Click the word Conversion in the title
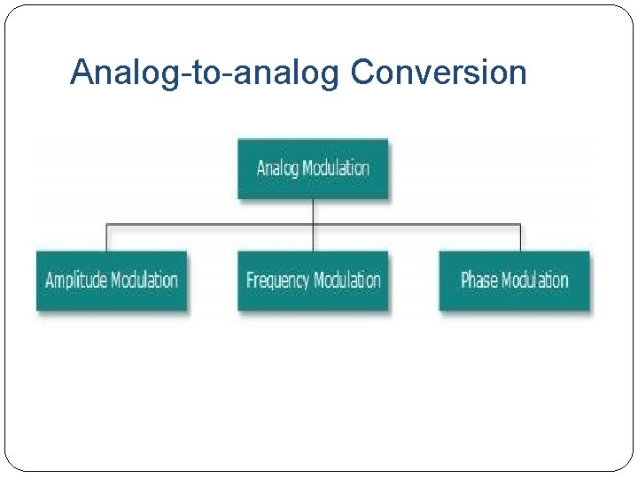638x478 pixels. (439, 72)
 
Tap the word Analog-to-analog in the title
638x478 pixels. (205, 73)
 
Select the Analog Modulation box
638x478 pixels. (313, 168)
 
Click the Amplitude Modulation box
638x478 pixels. (112, 281)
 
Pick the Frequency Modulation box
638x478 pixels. (313, 281)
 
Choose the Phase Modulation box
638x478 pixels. (514, 281)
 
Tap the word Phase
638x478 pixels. (479, 281)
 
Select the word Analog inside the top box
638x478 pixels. (277, 168)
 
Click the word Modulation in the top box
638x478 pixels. (336, 168)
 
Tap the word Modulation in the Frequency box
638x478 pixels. (347, 281)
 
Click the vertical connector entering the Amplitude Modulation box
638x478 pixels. (107, 238)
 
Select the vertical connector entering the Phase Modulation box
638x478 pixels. (520, 238)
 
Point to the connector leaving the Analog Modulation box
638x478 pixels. (313, 211)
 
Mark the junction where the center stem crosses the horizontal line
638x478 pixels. (313, 225)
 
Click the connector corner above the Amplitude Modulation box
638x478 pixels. (107, 225)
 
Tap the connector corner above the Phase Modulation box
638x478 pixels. (520, 225)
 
